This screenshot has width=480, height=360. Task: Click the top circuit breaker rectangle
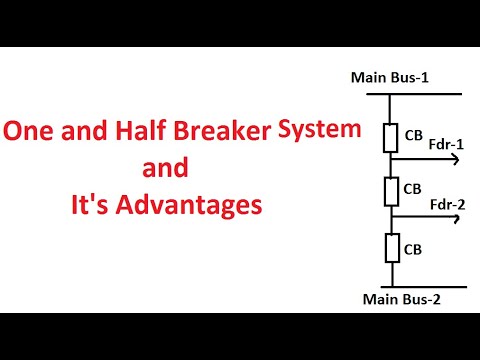click(392, 137)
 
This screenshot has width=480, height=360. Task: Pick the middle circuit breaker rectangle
click(392, 188)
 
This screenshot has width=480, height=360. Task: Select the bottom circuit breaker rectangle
click(392, 245)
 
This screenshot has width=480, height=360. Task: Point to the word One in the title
click(31, 131)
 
